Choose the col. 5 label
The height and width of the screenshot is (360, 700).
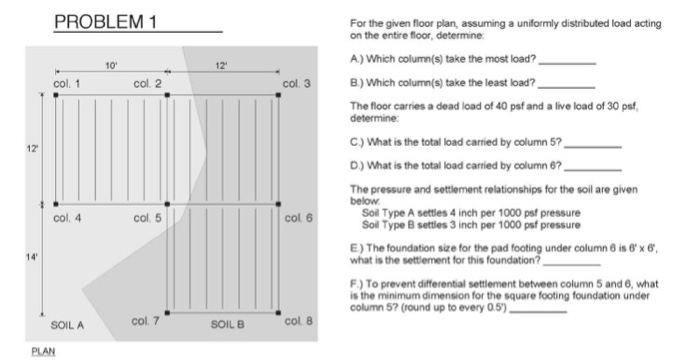pyautogui.click(x=147, y=216)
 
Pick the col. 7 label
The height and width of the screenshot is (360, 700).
pyautogui.click(x=147, y=321)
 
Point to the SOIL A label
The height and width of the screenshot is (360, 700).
pyautogui.click(x=67, y=326)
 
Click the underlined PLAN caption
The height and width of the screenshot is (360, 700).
pyautogui.click(x=42, y=351)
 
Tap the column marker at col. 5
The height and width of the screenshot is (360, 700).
pyautogui.click(x=167, y=204)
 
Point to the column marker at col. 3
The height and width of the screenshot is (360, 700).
pyautogui.click(x=279, y=95)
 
